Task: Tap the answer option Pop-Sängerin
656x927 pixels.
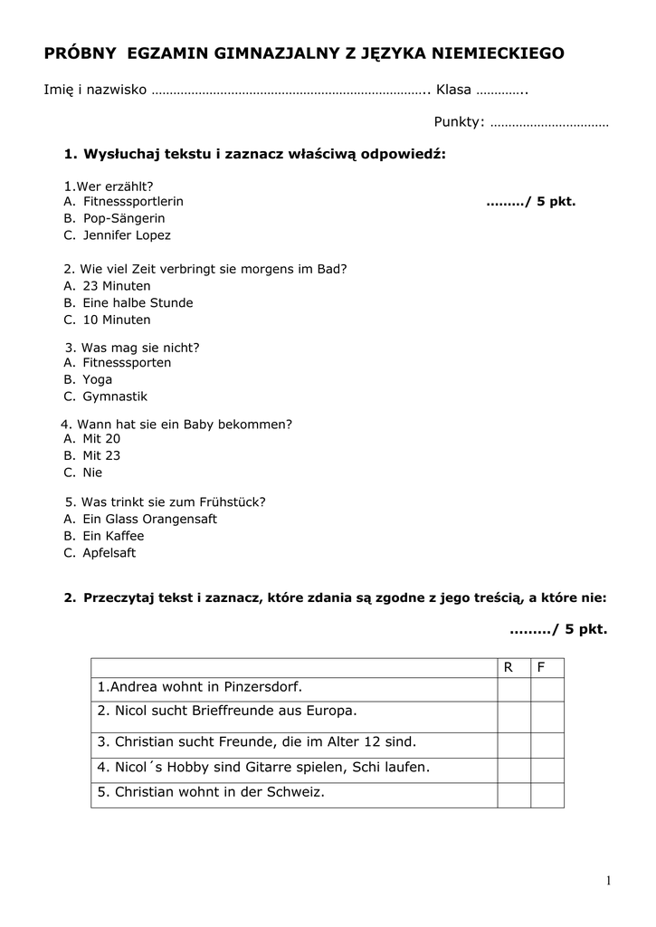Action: tap(124, 218)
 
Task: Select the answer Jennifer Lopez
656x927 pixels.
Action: tap(127, 235)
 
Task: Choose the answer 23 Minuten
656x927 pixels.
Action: tap(117, 286)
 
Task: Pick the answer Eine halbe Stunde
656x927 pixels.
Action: tap(138, 303)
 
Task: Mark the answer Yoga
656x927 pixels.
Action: tap(98, 379)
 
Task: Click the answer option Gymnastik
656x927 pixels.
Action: tap(115, 397)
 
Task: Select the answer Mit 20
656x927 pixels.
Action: tap(101, 438)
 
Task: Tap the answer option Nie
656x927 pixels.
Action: tap(92, 473)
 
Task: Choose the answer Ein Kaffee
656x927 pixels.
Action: tap(113, 536)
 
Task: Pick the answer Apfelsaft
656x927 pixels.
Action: tap(109, 553)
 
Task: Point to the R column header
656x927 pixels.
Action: tap(509, 668)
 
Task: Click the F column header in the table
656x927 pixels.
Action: tap(541, 668)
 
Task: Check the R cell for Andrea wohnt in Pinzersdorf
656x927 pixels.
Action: tap(513, 689)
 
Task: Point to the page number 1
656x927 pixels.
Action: tap(609, 881)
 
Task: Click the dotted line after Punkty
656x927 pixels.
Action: tap(548, 123)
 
